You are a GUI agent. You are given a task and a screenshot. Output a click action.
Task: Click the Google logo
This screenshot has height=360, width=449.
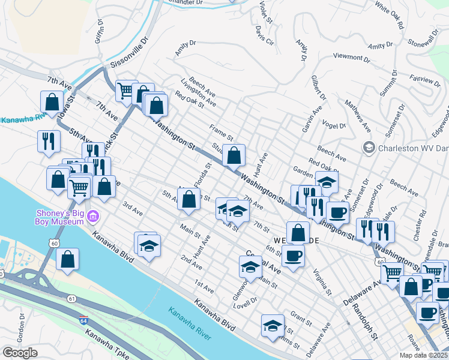pos(19,353)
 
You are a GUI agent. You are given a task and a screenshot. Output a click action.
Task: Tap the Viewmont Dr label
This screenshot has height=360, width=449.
pos(351,58)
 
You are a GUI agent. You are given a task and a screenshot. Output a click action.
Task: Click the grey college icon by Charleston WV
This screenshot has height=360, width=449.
pos(369,147)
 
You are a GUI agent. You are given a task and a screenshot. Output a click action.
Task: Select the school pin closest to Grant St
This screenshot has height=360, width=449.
pos(273,325)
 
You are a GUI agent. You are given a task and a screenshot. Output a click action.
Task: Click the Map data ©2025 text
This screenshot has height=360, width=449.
pos(423,355)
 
